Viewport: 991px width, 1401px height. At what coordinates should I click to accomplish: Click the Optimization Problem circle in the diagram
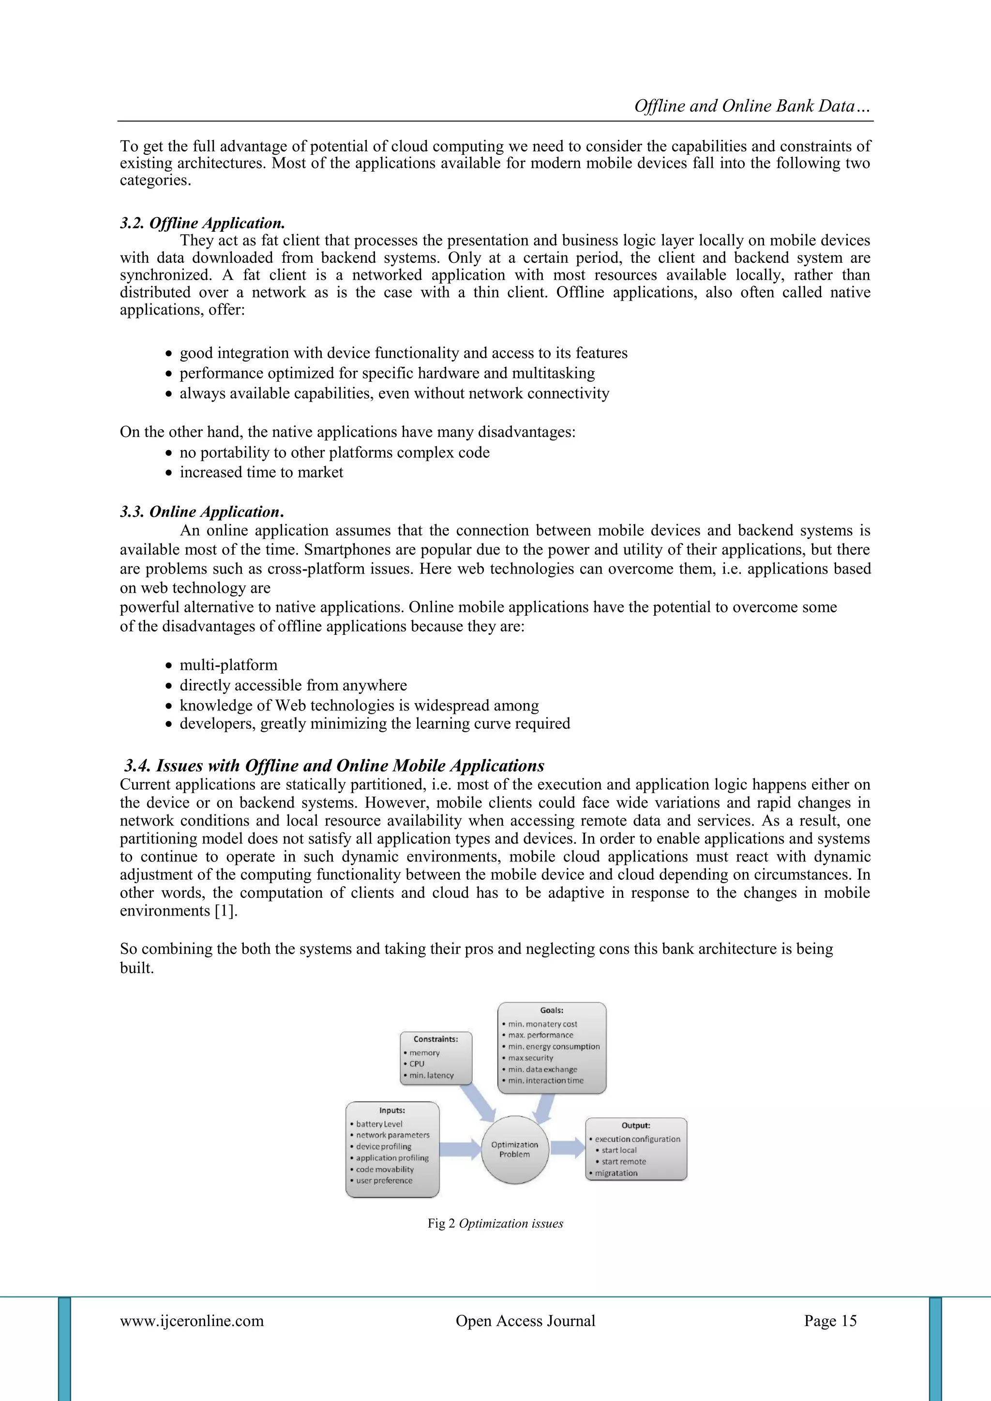tap(514, 1150)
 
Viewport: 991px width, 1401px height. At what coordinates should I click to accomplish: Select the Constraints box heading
tap(435, 1039)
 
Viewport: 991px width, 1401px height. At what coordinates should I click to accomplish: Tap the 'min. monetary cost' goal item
tap(542, 1024)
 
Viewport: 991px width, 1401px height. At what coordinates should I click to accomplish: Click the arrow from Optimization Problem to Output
tap(567, 1147)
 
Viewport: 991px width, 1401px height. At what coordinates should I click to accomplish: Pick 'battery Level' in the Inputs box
tap(379, 1123)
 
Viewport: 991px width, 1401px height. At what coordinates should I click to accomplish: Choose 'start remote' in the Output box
tap(624, 1161)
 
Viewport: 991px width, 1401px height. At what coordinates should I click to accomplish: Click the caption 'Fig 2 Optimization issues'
tap(495, 1223)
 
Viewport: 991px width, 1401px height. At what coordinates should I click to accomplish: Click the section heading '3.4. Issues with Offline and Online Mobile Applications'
tap(334, 765)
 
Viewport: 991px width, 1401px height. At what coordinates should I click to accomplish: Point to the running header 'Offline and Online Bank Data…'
tap(752, 106)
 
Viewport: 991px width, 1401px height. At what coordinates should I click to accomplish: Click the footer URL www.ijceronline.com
tap(192, 1321)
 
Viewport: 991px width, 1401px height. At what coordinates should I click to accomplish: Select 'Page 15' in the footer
tap(830, 1321)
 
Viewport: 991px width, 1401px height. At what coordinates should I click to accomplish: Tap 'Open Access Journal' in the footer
tap(526, 1321)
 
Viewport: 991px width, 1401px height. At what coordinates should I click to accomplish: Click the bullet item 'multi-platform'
tap(228, 664)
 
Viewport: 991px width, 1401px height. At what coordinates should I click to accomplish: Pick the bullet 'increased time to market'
tap(261, 472)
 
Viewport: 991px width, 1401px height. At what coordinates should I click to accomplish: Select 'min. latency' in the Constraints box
tap(432, 1075)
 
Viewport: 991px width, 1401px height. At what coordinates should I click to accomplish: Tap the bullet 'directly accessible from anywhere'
tap(293, 685)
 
